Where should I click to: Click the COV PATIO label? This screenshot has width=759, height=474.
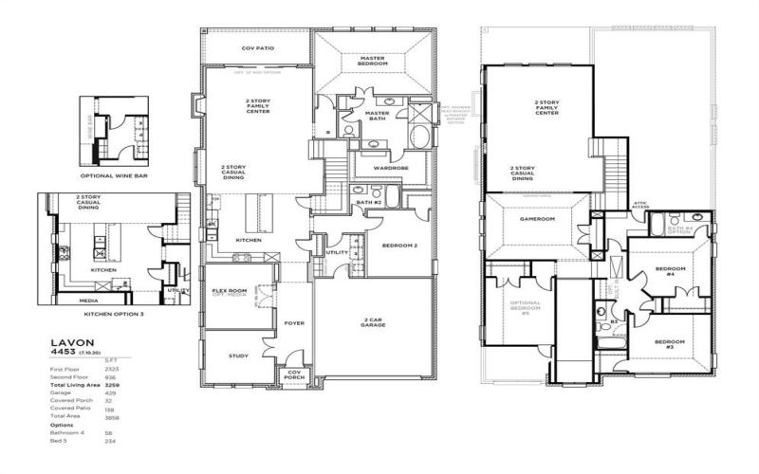[x=257, y=47]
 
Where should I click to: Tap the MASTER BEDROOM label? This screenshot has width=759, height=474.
[x=372, y=62]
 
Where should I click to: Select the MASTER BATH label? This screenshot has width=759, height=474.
[x=378, y=116]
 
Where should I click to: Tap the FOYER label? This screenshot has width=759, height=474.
[x=293, y=323]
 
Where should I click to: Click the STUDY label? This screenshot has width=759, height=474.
[x=238, y=355]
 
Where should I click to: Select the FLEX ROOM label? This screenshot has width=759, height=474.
[x=230, y=290]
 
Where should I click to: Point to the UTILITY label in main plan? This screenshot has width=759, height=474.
[x=337, y=252]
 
